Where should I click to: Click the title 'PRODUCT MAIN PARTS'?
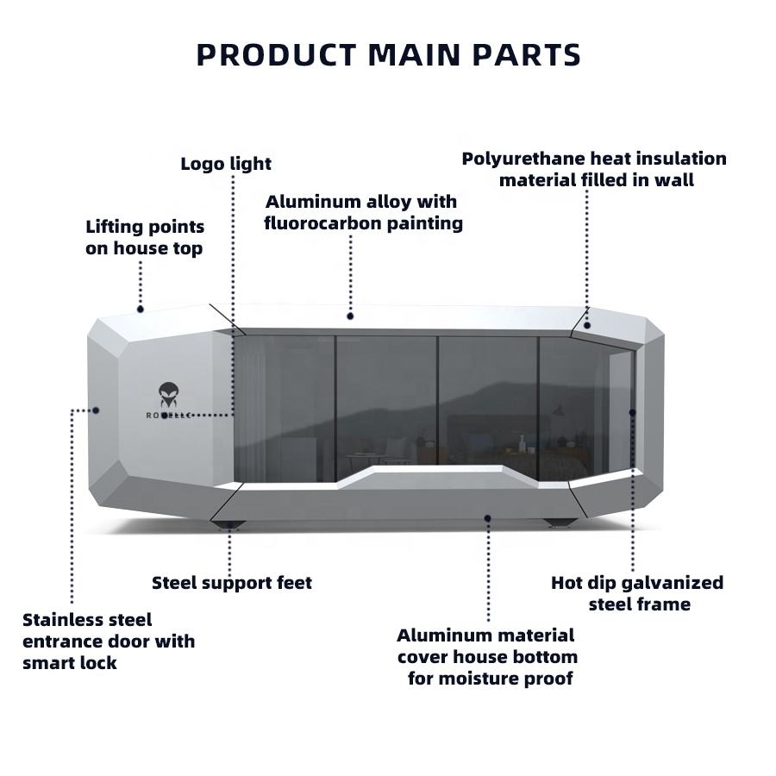[389, 54]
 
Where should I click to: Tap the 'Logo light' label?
[226, 164]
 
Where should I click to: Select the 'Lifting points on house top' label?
[145, 237]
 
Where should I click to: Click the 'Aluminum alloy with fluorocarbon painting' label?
[363, 212]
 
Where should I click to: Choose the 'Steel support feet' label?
[232, 583]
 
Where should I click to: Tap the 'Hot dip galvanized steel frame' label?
[637, 593]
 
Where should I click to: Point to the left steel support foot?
[228, 524]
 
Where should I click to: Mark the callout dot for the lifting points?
[140, 310]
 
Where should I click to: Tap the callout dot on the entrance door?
[96, 410]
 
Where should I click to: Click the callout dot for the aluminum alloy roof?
[350, 316]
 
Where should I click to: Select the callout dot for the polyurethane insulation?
[587, 325]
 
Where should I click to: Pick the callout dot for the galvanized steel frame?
[632, 412]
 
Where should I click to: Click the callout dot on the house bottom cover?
[487, 518]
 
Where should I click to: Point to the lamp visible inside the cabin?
[558, 410]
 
